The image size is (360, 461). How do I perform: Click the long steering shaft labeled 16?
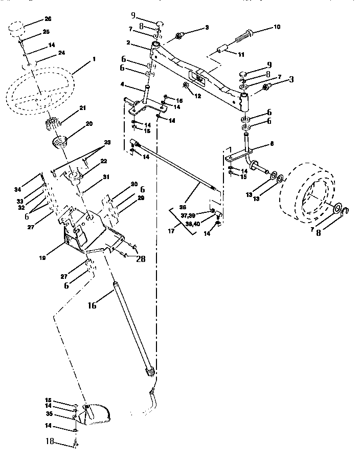click(130, 327)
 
